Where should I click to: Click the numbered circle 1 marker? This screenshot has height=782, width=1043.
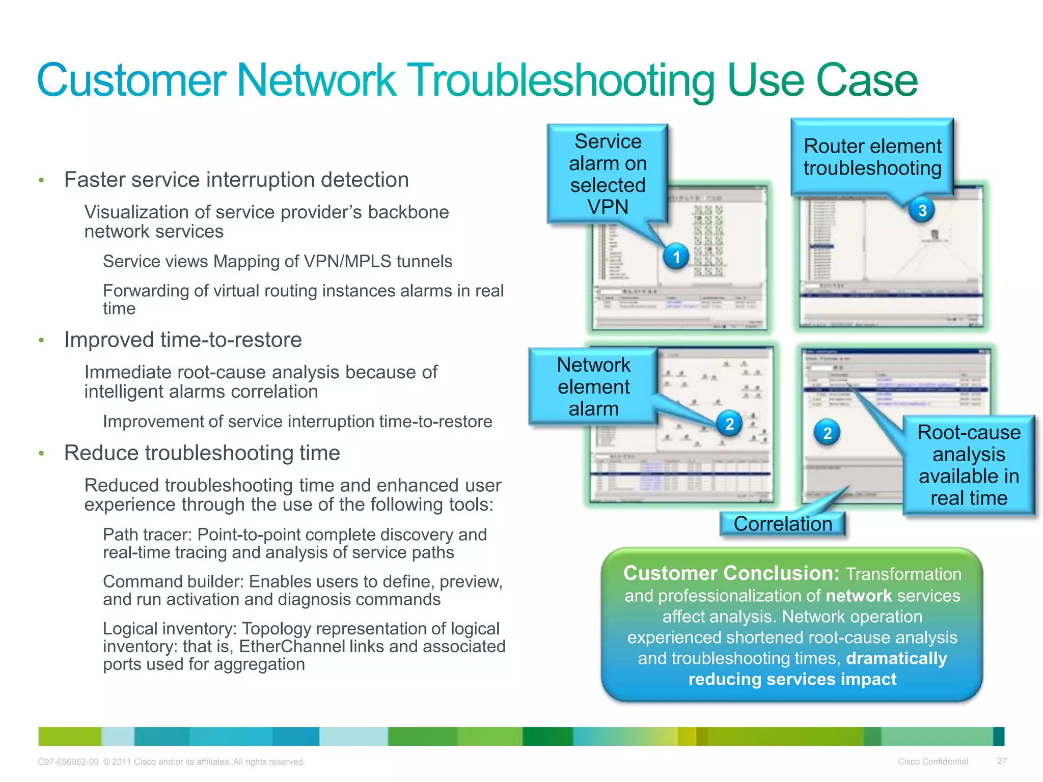pyautogui.click(x=676, y=257)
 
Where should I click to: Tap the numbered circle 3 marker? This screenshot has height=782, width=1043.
pyautogui.click(x=922, y=210)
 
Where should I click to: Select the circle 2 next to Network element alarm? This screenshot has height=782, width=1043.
pyautogui.click(x=730, y=424)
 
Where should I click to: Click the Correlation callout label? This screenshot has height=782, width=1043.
pyautogui.click(x=782, y=524)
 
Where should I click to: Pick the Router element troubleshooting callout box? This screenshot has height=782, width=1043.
pyautogui.click(x=872, y=157)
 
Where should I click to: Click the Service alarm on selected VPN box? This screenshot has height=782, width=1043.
pyautogui.click(x=608, y=174)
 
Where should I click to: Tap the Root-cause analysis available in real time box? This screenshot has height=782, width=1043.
pyautogui.click(x=969, y=465)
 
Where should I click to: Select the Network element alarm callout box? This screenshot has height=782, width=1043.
pyautogui.click(x=593, y=386)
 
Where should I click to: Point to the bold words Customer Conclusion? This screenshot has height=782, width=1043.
pyautogui.click(x=731, y=573)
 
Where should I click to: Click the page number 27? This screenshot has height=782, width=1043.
pyautogui.click(x=1002, y=761)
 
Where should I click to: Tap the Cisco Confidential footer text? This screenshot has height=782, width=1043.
pyautogui.click(x=932, y=762)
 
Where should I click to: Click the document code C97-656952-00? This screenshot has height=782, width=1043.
pyautogui.click(x=68, y=762)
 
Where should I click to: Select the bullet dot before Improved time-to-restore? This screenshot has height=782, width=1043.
pyautogui.click(x=42, y=340)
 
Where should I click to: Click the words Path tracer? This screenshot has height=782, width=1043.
pyautogui.click(x=148, y=535)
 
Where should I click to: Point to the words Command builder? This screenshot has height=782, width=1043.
pyautogui.click(x=173, y=581)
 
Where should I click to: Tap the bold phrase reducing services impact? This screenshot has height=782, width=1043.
pyautogui.click(x=792, y=679)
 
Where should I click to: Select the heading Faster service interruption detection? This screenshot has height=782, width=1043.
pyautogui.click(x=236, y=180)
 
